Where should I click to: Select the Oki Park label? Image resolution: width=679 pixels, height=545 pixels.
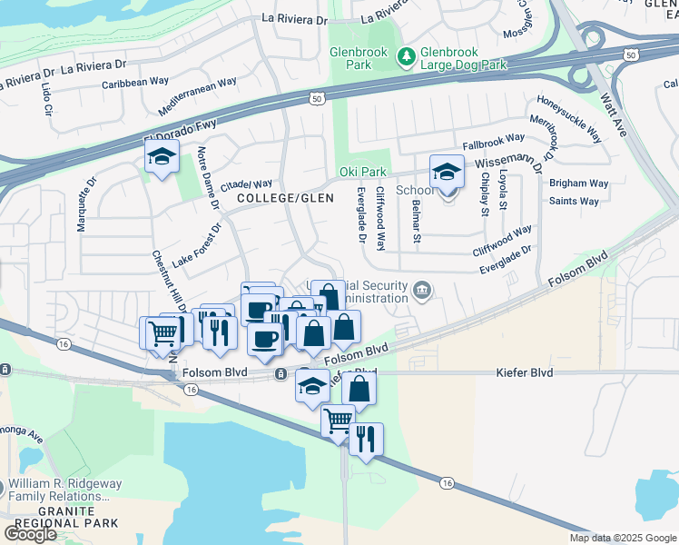pyautogui.click(x=363, y=172)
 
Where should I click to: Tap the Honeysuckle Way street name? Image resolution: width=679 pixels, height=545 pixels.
pyautogui.click(x=570, y=119)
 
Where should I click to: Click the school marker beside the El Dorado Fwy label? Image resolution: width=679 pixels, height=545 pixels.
pyautogui.click(x=162, y=158)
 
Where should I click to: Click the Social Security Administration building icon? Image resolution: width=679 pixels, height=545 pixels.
pyautogui.click(x=423, y=290)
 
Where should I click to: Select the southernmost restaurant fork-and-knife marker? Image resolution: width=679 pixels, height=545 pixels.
pyautogui.click(x=366, y=440)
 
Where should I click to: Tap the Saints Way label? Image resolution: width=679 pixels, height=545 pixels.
pyautogui.click(x=574, y=202)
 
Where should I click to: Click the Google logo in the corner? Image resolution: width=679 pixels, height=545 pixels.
pyautogui.click(x=31, y=534)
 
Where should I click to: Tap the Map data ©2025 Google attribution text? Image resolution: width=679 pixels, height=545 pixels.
pyautogui.click(x=623, y=538)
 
